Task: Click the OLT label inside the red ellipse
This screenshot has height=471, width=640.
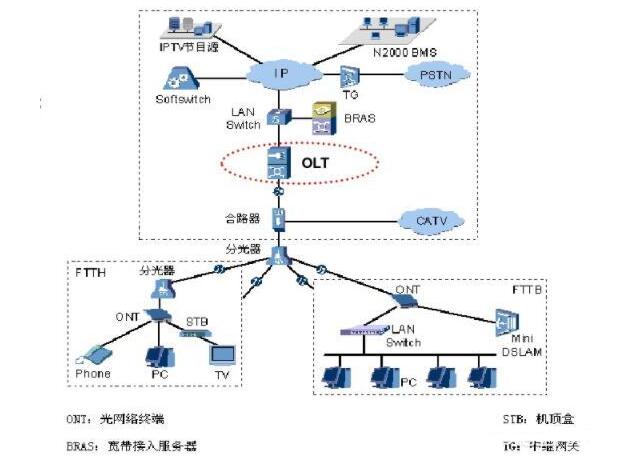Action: pyautogui.click(x=315, y=161)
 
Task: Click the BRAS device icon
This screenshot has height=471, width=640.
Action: pyautogui.click(x=323, y=117)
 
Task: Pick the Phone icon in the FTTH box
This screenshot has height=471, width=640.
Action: pyautogui.click(x=93, y=354)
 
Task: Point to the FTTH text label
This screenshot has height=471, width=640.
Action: pyautogui.click(x=95, y=271)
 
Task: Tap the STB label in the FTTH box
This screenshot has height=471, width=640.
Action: pyautogui.click(x=194, y=321)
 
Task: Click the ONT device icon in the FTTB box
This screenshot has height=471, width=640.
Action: pyautogui.click(x=410, y=303)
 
